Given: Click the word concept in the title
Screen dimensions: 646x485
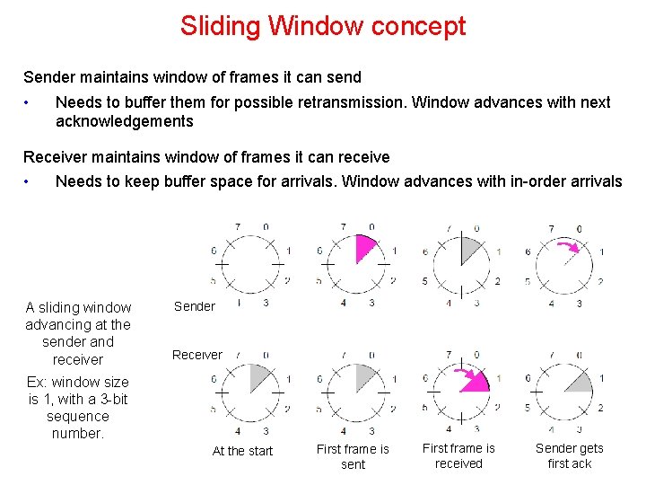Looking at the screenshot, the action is (x=421, y=27).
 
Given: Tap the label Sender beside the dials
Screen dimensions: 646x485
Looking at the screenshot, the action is (x=195, y=306).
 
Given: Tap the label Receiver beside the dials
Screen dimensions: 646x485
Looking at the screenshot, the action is (x=197, y=355).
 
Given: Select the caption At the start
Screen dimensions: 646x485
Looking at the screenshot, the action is (x=242, y=451).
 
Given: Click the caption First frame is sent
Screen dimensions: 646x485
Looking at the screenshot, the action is (x=354, y=456).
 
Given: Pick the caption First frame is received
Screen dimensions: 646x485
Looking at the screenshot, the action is (x=458, y=455).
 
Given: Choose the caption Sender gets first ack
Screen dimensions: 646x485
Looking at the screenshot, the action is (x=570, y=455).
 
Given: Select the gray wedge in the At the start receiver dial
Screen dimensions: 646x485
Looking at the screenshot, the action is (x=258, y=378).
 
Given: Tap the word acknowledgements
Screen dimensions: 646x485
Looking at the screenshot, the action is (x=125, y=121).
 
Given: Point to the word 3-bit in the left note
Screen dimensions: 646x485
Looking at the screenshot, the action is (x=110, y=399).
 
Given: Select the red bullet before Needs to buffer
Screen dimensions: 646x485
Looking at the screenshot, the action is (x=29, y=102).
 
